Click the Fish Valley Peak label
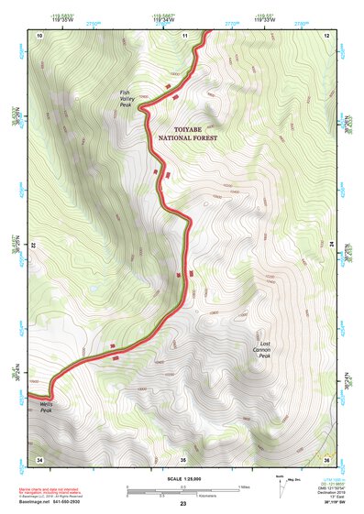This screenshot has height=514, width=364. point(126,98)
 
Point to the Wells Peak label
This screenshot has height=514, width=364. point(46,406)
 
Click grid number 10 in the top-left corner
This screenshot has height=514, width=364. point(40,35)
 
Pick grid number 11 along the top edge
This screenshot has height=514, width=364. point(184,35)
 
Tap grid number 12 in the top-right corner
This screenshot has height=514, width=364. point(327,35)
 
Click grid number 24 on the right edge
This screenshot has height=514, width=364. point(332,246)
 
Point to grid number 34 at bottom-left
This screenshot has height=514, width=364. point(39,458)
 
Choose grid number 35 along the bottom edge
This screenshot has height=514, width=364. point(183,458)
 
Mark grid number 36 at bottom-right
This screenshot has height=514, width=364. point(327,458)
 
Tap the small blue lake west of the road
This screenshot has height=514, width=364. point(92,290)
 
